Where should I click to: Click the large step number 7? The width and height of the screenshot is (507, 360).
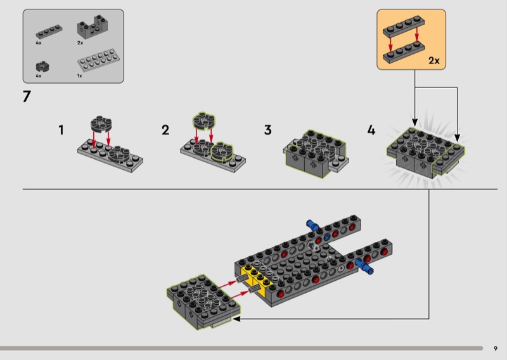[x=27, y=96]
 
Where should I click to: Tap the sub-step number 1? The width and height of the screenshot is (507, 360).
[x=61, y=130]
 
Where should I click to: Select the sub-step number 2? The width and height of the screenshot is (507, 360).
[x=165, y=130]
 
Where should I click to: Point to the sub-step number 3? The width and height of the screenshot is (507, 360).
[x=267, y=130]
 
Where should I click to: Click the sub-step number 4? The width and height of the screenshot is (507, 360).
[x=371, y=130]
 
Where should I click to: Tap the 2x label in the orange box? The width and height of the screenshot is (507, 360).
[x=434, y=60]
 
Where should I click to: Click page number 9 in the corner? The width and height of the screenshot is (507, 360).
[x=496, y=349]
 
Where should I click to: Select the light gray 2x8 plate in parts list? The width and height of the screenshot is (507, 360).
[x=98, y=60]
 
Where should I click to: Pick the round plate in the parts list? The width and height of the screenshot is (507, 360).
[x=42, y=67]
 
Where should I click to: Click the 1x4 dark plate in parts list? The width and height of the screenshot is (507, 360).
[x=49, y=32]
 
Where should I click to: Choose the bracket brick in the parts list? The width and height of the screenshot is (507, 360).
[x=93, y=27]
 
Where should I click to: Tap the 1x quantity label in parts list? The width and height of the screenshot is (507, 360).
[x=80, y=76]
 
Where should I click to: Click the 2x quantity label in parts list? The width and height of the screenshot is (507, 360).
[x=80, y=42]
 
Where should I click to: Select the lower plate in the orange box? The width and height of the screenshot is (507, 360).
[x=404, y=52]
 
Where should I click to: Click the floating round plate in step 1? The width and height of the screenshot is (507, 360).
[x=101, y=124]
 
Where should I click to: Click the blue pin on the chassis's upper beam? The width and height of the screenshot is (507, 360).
[x=312, y=225]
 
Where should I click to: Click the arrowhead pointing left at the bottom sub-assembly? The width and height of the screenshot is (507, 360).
[x=236, y=319]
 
